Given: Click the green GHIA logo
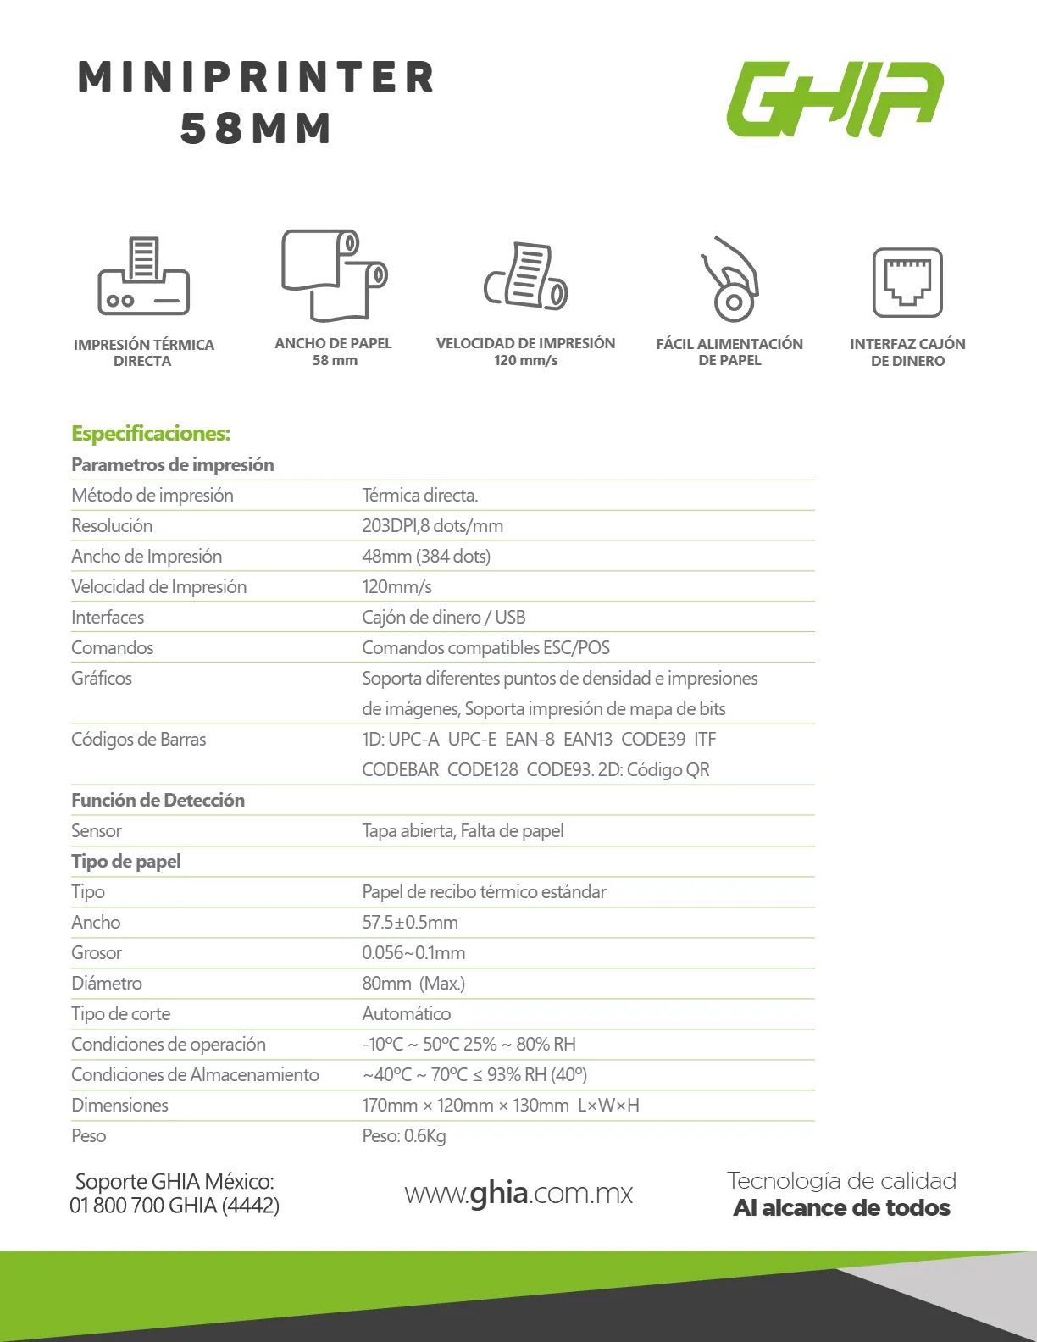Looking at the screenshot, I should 835,98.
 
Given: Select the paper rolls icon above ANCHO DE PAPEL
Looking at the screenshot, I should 334,274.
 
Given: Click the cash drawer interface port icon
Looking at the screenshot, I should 907,282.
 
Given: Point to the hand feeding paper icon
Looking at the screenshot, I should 729,279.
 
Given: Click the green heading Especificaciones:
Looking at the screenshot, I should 151,434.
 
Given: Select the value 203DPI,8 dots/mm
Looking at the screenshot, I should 432,525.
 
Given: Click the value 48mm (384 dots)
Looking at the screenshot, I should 426,556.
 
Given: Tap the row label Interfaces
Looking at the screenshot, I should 108,617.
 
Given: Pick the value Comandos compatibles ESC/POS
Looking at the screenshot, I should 485,647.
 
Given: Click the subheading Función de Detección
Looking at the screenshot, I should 158,800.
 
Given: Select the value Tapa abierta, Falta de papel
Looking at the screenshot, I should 463,830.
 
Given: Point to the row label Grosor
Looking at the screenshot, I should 97,952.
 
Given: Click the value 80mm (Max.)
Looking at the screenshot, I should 413,983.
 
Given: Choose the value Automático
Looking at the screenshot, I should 406,1013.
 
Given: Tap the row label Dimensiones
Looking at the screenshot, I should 119,1105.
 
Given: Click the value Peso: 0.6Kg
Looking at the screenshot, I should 403,1135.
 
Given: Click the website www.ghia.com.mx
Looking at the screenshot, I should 518,1193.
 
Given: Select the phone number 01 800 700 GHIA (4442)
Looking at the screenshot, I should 175,1205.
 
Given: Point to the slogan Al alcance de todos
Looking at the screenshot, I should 841,1207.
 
